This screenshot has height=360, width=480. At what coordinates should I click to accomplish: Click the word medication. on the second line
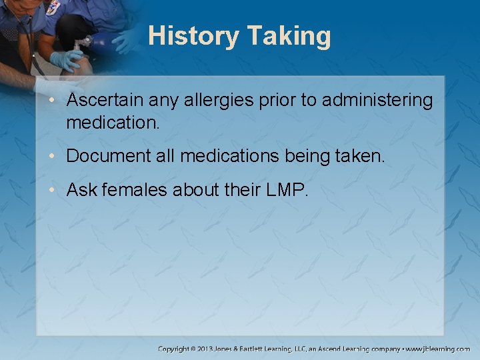[113, 123]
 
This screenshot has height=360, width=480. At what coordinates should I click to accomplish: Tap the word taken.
[363, 155]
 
